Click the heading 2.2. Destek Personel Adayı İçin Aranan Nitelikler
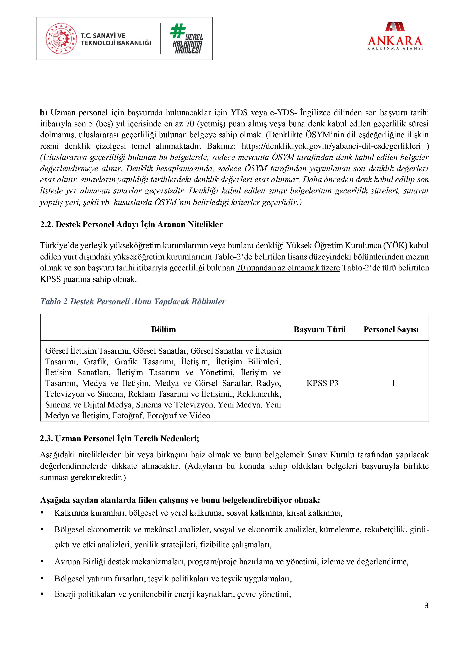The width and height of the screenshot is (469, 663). (131, 224)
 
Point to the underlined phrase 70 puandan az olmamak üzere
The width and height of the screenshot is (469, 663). (288, 268)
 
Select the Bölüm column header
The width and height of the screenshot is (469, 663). (164, 329)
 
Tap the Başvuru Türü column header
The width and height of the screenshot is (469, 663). (320, 329)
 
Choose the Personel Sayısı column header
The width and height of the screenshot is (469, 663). (391, 329)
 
